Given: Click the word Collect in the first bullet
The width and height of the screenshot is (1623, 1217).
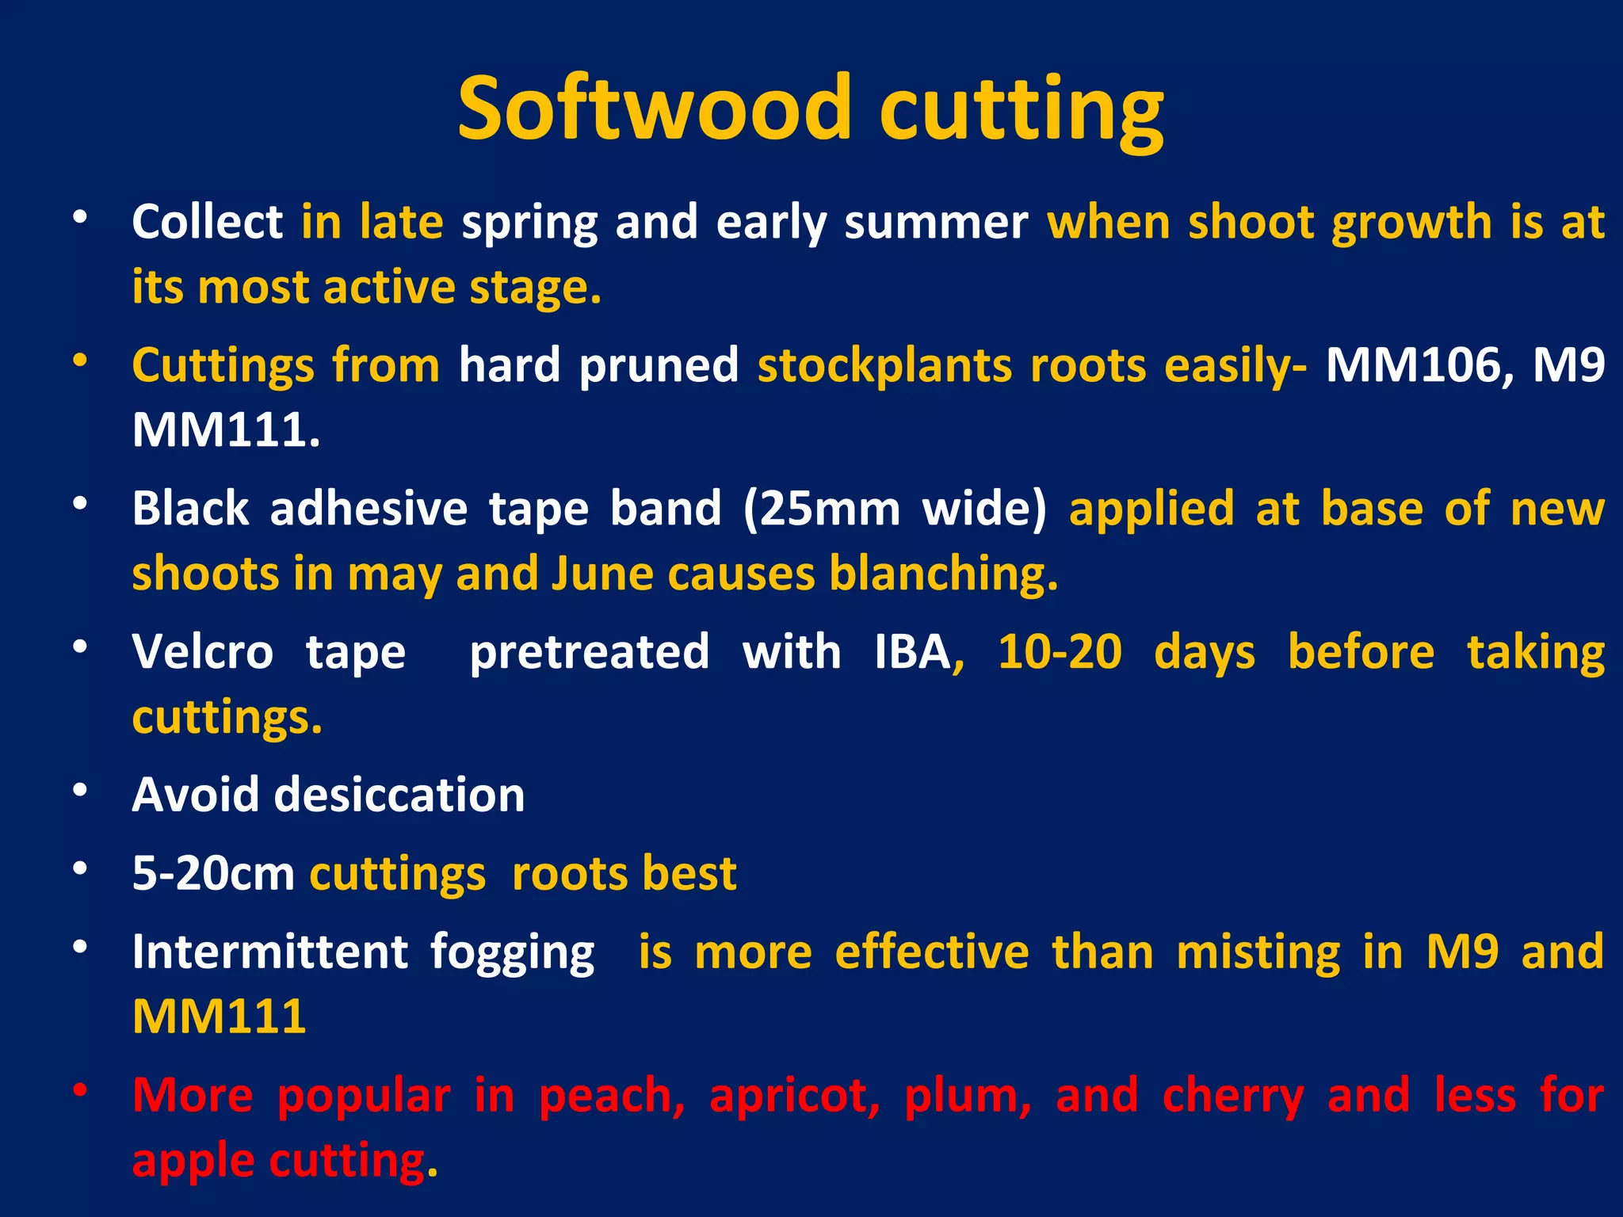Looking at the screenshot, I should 207,222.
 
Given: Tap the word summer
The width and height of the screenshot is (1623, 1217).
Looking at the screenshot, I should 936,223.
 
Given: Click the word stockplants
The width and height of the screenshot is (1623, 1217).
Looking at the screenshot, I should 884,366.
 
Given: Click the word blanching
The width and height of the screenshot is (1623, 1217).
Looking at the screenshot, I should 943,574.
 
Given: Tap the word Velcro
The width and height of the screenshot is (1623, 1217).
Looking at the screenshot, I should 202,652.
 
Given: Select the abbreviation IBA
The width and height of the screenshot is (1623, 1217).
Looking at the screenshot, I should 912,652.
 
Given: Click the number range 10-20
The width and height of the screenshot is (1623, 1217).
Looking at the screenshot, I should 1060,652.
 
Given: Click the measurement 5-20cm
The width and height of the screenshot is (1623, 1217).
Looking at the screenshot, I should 213,874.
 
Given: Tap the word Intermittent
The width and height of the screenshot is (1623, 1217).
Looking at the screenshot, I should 270,952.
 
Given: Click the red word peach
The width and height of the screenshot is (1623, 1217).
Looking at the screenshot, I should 611,1097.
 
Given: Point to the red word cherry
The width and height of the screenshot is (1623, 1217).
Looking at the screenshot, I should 1233,1097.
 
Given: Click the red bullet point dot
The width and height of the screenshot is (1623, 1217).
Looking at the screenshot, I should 79,1091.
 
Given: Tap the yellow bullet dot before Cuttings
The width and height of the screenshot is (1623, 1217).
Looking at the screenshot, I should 79,361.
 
